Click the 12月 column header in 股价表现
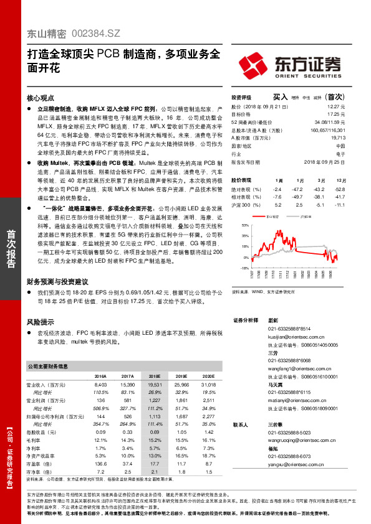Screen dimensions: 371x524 [x=340, y=179]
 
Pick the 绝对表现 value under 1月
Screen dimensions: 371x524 [x=299, y=189]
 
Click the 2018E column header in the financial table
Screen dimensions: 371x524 [x=155, y=377]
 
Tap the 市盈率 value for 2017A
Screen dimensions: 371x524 [x=128, y=463]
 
